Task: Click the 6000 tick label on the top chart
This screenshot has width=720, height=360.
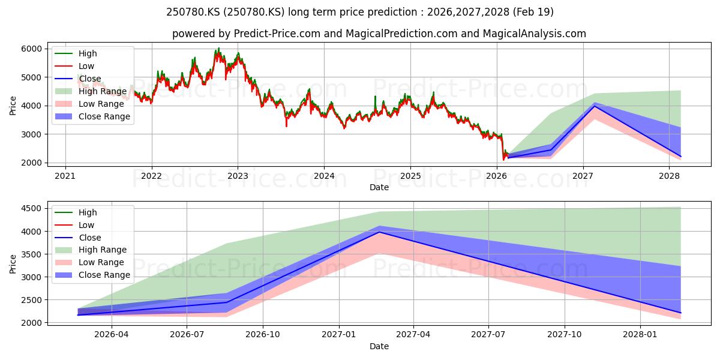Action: coord(31,49)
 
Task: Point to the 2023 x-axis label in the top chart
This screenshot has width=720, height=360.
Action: coord(238,176)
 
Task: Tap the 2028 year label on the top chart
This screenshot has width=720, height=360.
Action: coord(669,176)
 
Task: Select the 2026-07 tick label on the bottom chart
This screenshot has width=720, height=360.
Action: coord(187,335)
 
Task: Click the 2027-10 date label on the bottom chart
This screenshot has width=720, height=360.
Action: coord(565,335)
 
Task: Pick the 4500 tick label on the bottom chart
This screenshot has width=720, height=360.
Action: coord(31,208)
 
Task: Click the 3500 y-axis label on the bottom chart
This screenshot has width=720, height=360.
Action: coord(31,254)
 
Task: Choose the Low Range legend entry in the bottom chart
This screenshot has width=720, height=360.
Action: coord(89,262)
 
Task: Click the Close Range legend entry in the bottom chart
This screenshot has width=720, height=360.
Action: coord(92,275)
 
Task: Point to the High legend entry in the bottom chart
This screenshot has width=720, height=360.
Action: coord(76,212)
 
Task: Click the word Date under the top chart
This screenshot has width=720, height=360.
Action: coord(379,187)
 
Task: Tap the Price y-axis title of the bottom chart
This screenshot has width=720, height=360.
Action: coord(13,264)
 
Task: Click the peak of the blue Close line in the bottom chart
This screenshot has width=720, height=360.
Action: coord(380,232)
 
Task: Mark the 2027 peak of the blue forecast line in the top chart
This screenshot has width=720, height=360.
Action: coord(595,106)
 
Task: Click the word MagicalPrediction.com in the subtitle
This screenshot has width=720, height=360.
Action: coord(401,34)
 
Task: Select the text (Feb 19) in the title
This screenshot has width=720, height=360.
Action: coord(533,12)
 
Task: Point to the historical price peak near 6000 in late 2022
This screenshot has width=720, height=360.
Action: coord(219,48)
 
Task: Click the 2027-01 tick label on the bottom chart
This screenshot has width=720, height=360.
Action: coord(339,335)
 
